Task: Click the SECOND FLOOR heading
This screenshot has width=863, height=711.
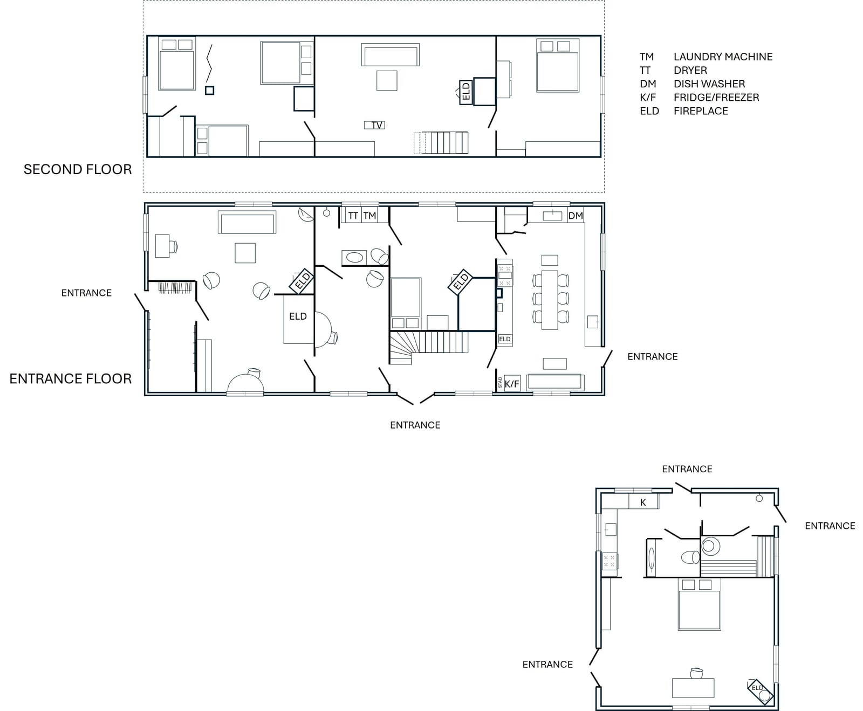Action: coord(78,169)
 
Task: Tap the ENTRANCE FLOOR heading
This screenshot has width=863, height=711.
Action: coord(71,378)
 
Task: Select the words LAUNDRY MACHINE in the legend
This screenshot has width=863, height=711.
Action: coord(723,57)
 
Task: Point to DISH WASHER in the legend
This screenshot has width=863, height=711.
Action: coord(709,84)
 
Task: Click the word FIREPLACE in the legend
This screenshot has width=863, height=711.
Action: coord(701,111)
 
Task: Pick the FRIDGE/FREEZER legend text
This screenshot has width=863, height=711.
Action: coord(716,98)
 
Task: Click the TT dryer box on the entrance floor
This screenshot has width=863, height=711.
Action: coord(353,216)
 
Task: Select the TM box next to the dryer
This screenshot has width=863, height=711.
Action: coord(369,216)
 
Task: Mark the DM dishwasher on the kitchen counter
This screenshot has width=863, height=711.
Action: coord(576,216)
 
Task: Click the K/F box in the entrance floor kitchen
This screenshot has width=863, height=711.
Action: coord(512,384)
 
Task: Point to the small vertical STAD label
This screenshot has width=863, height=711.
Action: coord(500,383)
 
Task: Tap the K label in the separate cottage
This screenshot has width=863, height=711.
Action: coord(643,502)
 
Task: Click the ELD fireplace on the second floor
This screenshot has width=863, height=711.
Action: coord(466,92)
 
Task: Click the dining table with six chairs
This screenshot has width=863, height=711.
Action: coord(550,299)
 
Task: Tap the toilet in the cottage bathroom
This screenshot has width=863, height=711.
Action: coord(690,557)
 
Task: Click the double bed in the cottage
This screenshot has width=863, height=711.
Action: coord(699,604)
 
